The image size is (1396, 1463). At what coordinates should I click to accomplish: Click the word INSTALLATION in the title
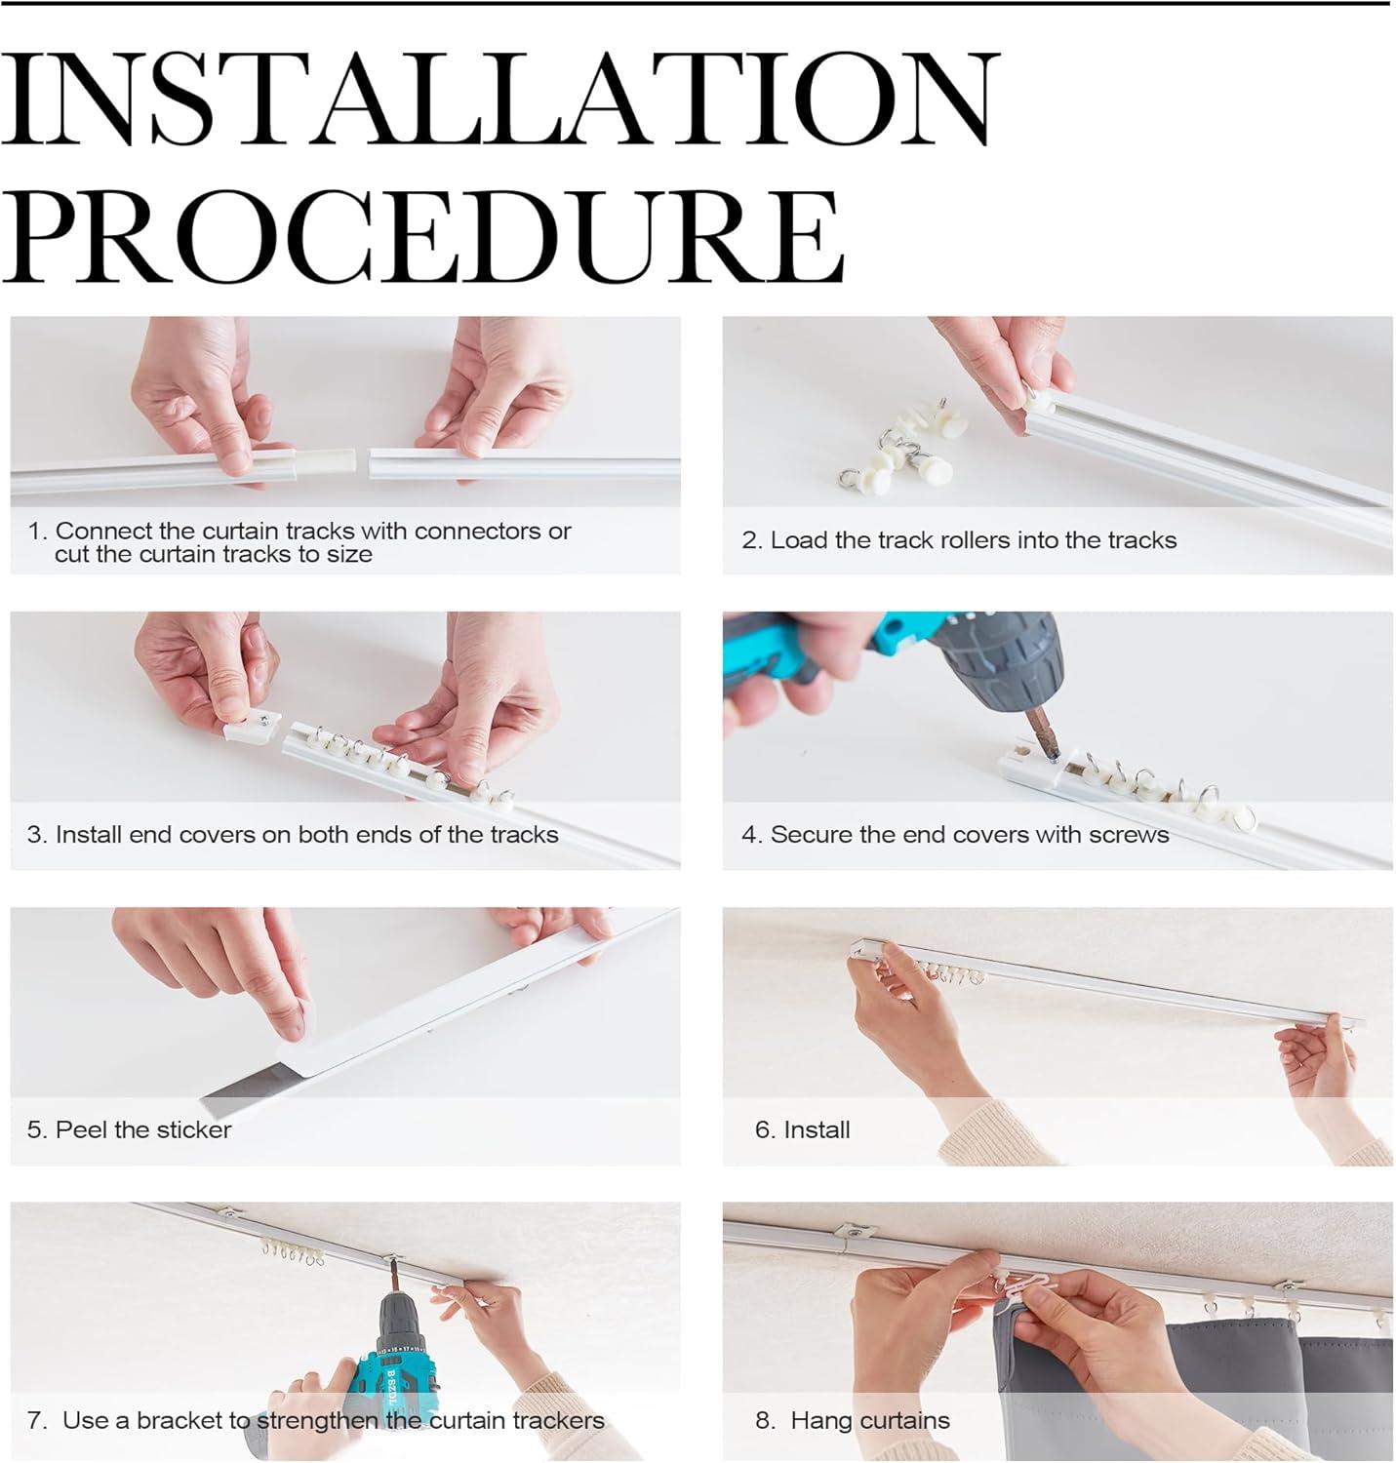point(497,99)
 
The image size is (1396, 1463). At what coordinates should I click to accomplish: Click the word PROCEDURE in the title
point(422,235)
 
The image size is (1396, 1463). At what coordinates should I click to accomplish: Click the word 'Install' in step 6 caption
point(817,1129)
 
